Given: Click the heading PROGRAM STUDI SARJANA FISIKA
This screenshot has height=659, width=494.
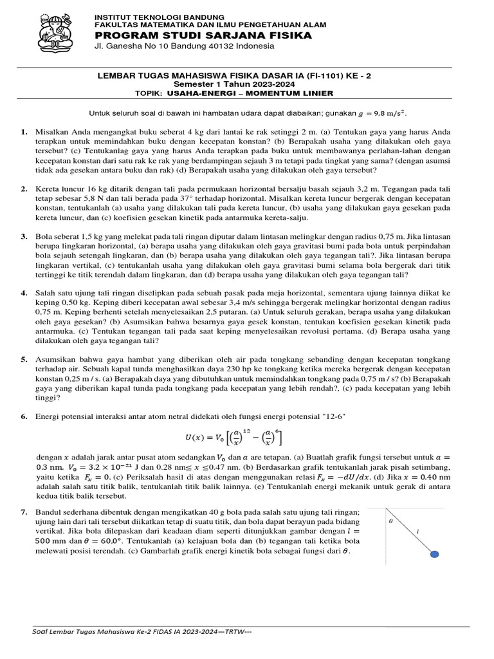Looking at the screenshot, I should tap(203, 35).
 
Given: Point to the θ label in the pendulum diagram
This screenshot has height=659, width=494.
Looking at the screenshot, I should tap(390, 523).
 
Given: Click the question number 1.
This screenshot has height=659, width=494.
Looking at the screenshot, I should tap(23, 132).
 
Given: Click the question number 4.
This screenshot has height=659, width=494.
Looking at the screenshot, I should tap(23, 293).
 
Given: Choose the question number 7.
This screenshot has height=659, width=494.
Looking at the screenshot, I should tap(23, 511).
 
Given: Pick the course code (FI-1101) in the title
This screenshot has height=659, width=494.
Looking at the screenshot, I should tap(313, 76).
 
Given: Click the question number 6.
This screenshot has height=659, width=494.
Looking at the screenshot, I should tap(23, 416).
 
